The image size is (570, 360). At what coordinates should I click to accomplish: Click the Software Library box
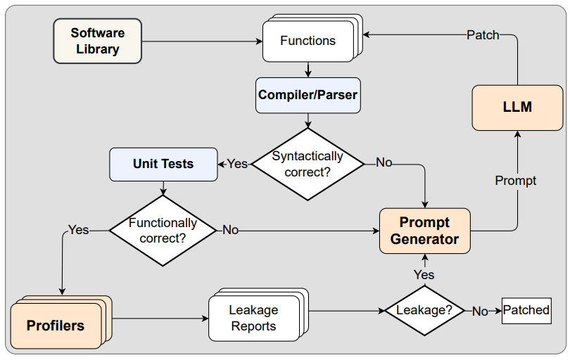pyautogui.click(x=97, y=41)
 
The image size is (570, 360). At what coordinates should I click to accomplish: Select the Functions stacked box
pyautogui.click(x=308, y=41)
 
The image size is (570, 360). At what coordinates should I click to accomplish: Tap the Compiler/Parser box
pyautogui.click(x=308, y=95)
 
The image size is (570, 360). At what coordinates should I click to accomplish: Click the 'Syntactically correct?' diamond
pyautogui.click(x=308, y=164)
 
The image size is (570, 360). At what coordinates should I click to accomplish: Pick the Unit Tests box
pyautogui.click(x=163, y=164)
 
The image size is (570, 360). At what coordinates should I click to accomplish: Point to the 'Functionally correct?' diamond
pyautogui.click(x=163, y=231)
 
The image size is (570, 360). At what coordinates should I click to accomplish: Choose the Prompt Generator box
pyautogui.click(x=424, y=231)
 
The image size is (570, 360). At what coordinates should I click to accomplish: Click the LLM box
pyautogui.click(x=517, y=108)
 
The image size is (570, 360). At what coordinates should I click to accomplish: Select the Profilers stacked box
pyautogui.click(x=56, y=326)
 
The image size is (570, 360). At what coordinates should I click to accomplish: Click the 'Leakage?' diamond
pyautogui.click(x=425, y=310)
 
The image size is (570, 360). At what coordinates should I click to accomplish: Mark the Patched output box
pyautogui.click(x=526, y=310)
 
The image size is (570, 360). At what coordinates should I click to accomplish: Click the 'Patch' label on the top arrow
pyautogui.click(x=483, y=34)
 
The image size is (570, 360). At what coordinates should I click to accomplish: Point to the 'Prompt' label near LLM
pyautogui.click(x=515, y=181)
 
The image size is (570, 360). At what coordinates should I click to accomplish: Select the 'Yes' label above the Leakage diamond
pyautogui.click(x=424, y=274)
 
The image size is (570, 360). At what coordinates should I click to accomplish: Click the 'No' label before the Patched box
pyautogui.click(x=480, y=311)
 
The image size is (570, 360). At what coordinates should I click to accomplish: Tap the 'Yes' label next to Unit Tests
pyautogui.click(x=237, y=164)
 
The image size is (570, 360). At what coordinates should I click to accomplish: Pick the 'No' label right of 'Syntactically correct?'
pyautogui.click(x=384, y=163)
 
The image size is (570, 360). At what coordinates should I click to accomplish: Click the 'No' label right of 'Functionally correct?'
pyautogui.click(x=230, y=230)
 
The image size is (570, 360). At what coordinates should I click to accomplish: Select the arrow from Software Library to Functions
pyautogui.click(x=201, y=41)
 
